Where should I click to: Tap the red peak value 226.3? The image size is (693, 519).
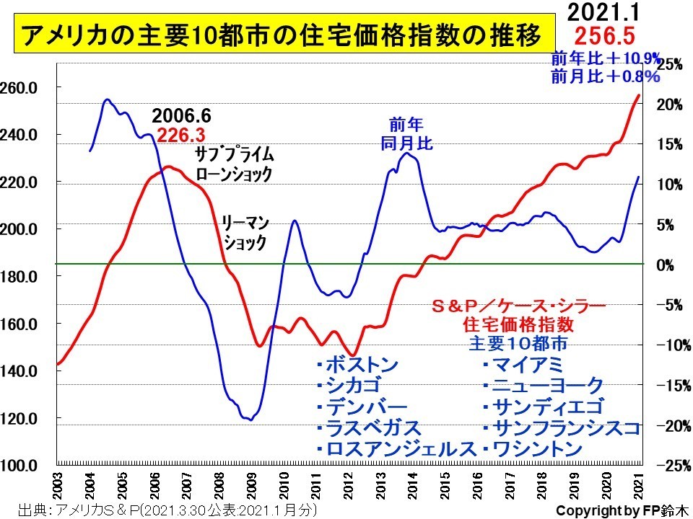[x=181, y=135]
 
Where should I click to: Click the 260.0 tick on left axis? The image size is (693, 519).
[x=22, y=88]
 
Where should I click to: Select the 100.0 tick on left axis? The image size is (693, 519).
[x=22, y=466]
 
